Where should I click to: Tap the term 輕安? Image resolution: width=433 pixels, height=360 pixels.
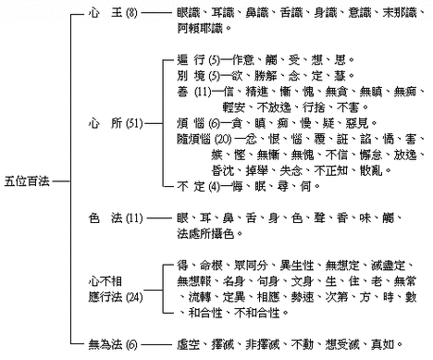coord(243,107)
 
